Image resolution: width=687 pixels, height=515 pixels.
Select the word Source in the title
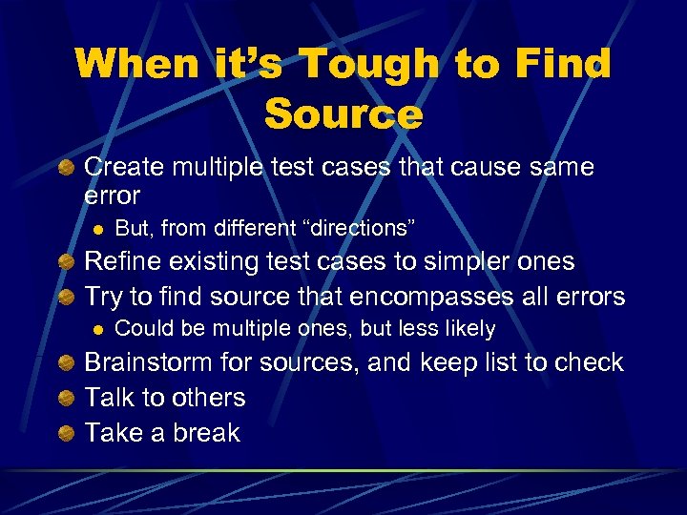pyautogui.click(x=343, y=114)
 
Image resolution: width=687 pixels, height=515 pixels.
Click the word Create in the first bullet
pyautogui.click(x=124, y=168)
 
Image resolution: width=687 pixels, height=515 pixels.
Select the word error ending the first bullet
pyautogui.click(x=112, y=196)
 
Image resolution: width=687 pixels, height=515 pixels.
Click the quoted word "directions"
pyautogui.click(x=359, y=229)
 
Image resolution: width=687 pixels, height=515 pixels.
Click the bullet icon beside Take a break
pyautogui.click(x=65, y=433)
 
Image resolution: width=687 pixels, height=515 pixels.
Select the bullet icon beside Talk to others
pyautogui.click(x=65, y=398)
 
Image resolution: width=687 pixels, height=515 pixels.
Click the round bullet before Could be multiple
pyautogui.click(x=95, y=330)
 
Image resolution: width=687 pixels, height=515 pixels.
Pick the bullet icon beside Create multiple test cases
pyautogui.click(x=65, y=169)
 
